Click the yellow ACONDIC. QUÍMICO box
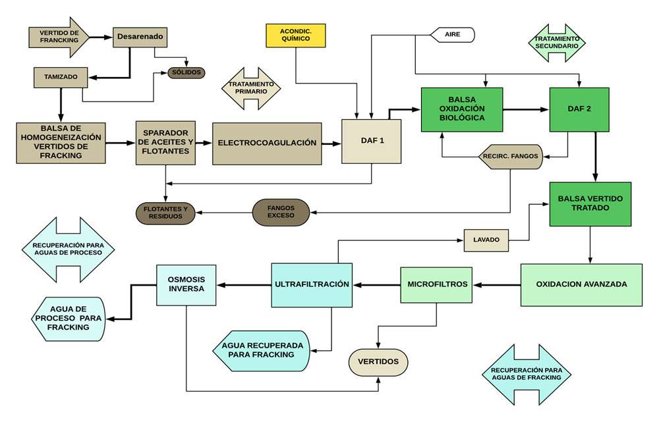[x=295, y=36]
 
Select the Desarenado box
[x=140, y=37]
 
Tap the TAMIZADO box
[x=61, y=77]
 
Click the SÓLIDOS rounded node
[x=186, y=72]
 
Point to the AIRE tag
[x=452, y=35]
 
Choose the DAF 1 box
[x=371, y=142]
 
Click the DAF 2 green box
[x=579, y=109]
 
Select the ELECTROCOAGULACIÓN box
[x=267, y=143]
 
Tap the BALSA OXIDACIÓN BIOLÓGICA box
[x=462, y=109]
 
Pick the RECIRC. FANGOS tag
[x=510, y=157]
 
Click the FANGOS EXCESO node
[x=281, y=212]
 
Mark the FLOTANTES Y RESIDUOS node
[x=165, y=213]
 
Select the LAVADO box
[x=486, y=240]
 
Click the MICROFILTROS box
[x=437, y=284]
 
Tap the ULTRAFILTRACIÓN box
[x=312, y=285]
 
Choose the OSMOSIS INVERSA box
[x=186, y=284]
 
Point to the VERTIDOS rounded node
[x=378, y=362]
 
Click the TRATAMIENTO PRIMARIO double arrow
[x=251, y=88]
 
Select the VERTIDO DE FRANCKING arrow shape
[x=59, y=37]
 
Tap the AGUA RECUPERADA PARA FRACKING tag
[x=261, y=351]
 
